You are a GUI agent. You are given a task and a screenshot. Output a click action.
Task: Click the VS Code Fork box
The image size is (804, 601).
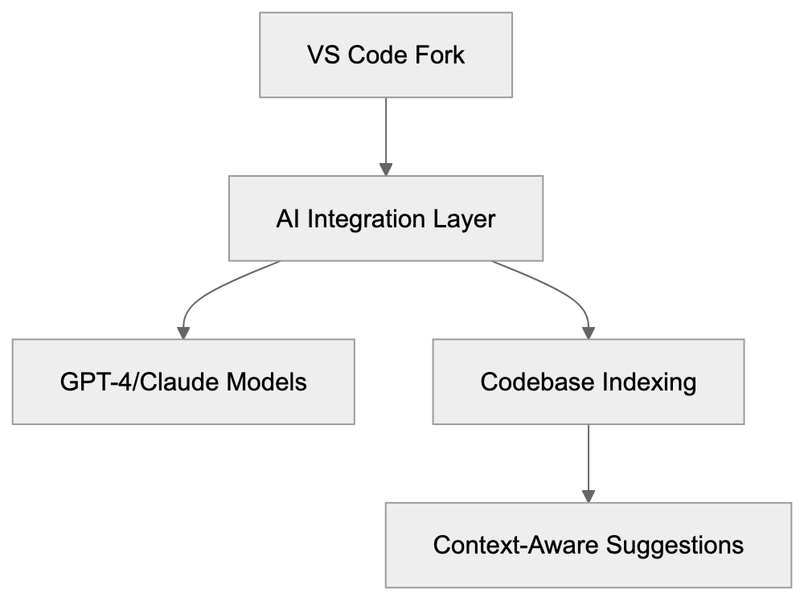[386, 55]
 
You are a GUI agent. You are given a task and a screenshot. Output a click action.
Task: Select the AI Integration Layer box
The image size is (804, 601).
[386, 219]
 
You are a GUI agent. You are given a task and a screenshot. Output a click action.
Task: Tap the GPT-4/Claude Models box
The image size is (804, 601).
[183, 381]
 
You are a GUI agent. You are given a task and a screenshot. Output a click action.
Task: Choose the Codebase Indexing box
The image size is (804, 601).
[589, 381]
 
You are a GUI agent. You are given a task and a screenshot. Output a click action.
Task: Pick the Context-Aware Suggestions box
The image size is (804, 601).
[589, 545]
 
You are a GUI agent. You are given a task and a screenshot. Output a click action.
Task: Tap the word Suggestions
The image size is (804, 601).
[675, 546]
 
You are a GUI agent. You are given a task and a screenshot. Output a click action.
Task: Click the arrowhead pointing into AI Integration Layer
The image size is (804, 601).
[386, 170]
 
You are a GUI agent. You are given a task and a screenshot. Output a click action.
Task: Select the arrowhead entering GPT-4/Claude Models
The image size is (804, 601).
[183, 332]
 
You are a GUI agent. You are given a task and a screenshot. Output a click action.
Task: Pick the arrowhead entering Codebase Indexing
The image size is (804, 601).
[589, 332]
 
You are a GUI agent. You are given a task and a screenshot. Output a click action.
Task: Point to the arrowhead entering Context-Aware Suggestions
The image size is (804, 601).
[589, 496]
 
